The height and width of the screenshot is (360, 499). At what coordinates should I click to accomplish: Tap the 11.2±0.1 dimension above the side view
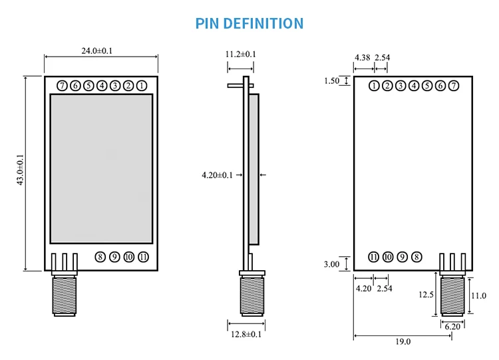pos(240,54)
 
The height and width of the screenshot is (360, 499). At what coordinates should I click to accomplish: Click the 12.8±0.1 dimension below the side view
pos(246,334)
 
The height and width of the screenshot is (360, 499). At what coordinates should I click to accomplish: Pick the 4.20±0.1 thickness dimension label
pos(217,175)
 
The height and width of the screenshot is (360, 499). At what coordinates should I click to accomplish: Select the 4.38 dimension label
pos(363,58)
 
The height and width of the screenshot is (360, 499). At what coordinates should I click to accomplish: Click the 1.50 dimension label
pos(331,81)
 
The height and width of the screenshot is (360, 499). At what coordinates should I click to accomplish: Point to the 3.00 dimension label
pos(331,264)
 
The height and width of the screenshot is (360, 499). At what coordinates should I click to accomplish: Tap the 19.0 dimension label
pos(403,341)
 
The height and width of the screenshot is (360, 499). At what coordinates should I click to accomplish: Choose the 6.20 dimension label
pos(452,327)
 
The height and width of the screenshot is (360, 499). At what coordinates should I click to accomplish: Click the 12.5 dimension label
pos(426,294)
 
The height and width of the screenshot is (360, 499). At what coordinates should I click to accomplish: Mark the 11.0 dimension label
pos(478,295)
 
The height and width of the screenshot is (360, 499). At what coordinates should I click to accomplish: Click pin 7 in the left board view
pos(62,85)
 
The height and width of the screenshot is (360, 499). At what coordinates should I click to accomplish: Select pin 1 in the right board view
pos(374,85)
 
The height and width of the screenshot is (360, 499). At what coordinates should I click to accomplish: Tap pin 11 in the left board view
pos(143,257)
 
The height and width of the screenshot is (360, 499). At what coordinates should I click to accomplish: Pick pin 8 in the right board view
pos(416,257)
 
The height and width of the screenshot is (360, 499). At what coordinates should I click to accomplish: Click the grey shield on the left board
pos(101,168)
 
